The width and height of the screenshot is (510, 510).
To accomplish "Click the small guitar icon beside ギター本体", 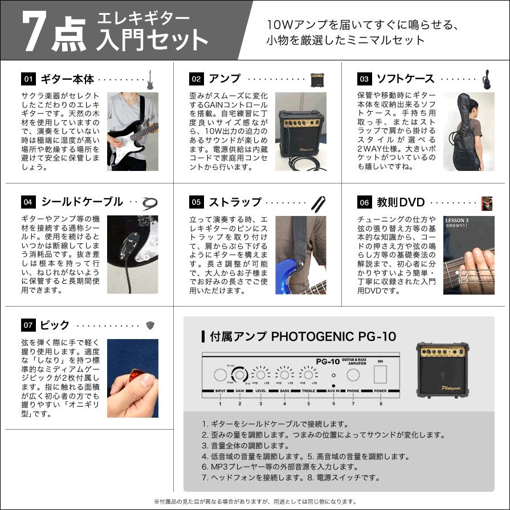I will pyautogui.click(x=150, y=80).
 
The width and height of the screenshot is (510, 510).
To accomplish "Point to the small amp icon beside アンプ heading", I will pyautogui.click(x=317, y=80).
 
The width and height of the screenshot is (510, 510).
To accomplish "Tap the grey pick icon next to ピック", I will pyautogui.click(x=150, y=325).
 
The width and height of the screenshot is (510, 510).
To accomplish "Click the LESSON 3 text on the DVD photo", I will pyautogui.click(x=457, y=221).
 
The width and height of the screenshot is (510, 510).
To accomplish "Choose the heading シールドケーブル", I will pyautogui.click(x=81, y=202).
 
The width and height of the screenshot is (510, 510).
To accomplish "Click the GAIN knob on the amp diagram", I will pyautogui.click(x=240, y=374).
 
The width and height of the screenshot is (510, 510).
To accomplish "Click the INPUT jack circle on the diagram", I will pyautogui.click(x=220, y=375).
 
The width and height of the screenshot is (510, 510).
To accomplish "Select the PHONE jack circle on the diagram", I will pyautogui.click(x=353, y=375).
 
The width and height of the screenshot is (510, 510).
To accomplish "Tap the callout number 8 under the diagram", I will pyautogui.click(x=380, y=403).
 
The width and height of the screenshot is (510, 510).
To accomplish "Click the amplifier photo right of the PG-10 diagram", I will pyautogui.click(x=442, y=369).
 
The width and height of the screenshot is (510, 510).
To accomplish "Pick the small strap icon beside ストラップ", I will pyautogui.click(x=317, y=202).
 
